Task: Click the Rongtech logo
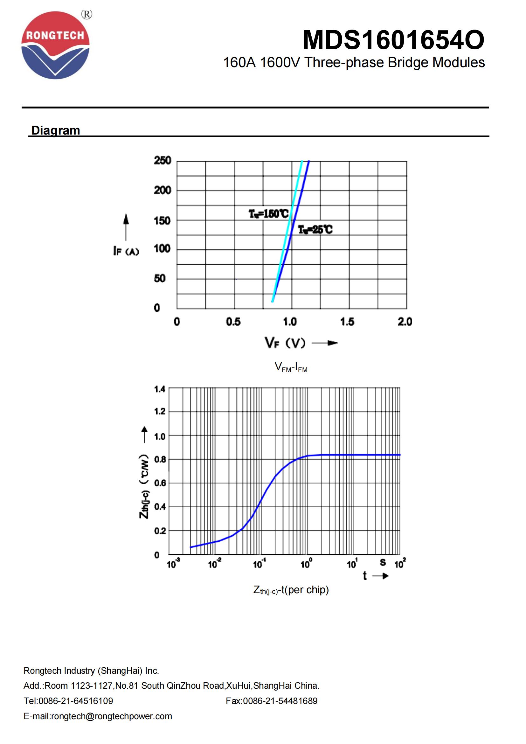click(55, 45)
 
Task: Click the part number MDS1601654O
click(393, 40)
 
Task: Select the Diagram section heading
click(55, 130)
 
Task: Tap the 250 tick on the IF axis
click(162, 160)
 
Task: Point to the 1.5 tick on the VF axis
click(347, 322)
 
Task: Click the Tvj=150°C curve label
click(268, 214)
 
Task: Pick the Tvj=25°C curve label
click(315, 230)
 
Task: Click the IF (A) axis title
click(126, 251)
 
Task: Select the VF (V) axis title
click(285, 343)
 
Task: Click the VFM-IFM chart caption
click(291, 367)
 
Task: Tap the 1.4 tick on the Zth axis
click(160, 389)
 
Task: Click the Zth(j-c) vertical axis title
click(144, 486)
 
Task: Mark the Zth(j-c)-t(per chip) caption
click(291, 590)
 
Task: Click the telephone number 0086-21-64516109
click(76, 701)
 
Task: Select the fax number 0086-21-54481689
click(280, 701)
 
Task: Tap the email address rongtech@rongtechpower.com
click(111, 716)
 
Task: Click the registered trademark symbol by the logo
click(87, 14)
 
